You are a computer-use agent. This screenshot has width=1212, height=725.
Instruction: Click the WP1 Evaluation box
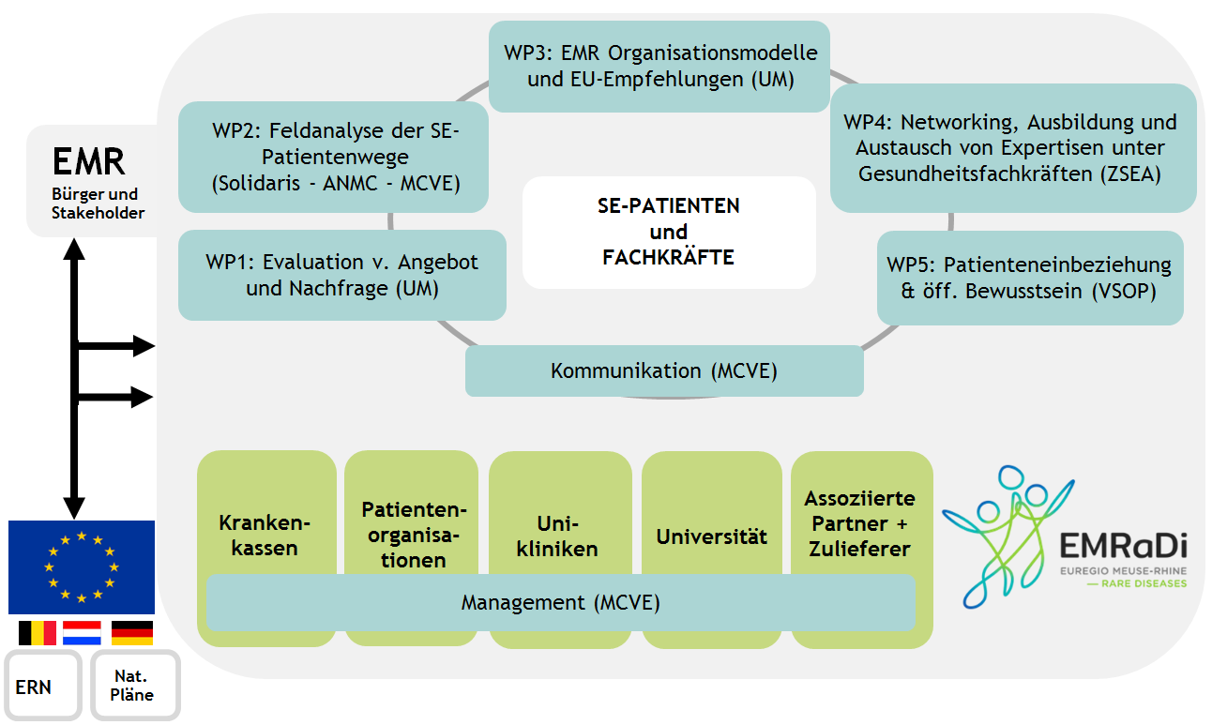point(342,276)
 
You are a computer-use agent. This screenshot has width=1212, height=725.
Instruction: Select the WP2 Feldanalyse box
point(333,157)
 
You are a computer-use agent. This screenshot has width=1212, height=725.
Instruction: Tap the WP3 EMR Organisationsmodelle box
point(659,67)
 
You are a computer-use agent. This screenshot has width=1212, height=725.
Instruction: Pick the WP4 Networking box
point(1013,147)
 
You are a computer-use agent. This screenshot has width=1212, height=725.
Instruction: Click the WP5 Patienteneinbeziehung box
point(1030,279)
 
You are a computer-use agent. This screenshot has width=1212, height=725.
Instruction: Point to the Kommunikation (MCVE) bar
point(664,371)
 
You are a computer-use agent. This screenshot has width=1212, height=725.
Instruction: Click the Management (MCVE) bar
point(561,603)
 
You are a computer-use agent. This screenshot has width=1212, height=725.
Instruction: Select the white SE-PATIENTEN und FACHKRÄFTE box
point(669,232)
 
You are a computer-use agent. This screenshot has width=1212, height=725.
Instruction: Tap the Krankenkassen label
point(265,536)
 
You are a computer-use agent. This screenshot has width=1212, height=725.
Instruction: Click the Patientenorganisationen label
point(414,535)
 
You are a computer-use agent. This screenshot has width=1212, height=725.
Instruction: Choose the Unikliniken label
point(557,536)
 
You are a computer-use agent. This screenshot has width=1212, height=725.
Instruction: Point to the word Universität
point(711,536)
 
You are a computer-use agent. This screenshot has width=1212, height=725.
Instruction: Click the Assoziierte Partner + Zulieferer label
point(860,523)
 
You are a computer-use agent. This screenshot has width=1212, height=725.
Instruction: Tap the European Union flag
point(82,567)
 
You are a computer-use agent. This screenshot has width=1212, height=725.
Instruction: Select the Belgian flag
point(38,633)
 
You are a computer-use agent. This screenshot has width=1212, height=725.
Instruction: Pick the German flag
point(132,633)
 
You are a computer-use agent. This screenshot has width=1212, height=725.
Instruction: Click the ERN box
point(43,686)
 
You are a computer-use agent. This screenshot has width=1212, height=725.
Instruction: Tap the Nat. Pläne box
point(135,686)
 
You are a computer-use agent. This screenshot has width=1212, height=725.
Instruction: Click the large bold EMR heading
point(89,161)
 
